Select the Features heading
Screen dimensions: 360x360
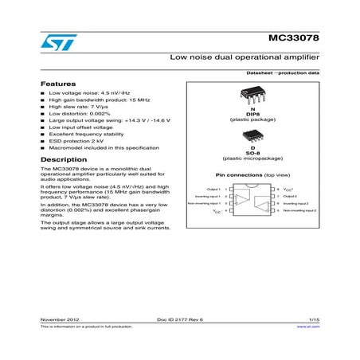pyautogui.click(x=58, y=84)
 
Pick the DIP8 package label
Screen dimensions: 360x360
pyautogui.click(x=251, y=115)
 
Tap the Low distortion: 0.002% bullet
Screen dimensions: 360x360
pyautogui.click(x=81, y=113)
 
